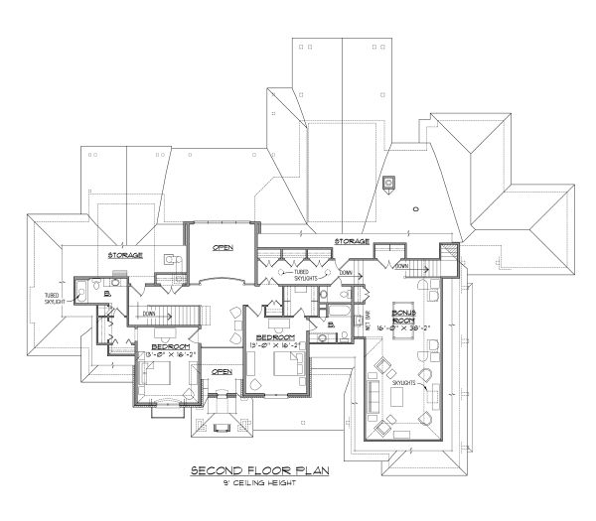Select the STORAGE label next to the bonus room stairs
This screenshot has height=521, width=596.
click(352, 241)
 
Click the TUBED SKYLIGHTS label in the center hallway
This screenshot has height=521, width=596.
click(306, 273)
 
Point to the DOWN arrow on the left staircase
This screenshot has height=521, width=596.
click(151, 314)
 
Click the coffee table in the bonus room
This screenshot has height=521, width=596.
click(403, 395)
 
